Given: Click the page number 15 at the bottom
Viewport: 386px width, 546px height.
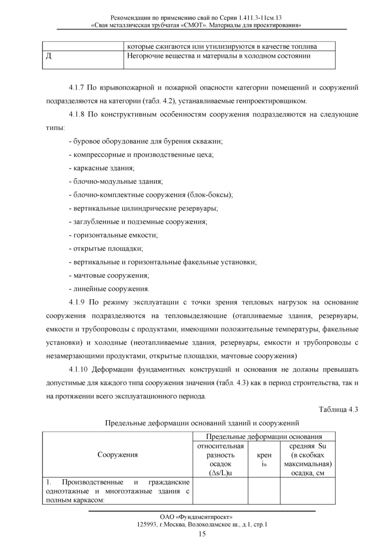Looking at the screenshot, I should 202,534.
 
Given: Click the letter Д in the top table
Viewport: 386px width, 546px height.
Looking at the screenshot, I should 49,56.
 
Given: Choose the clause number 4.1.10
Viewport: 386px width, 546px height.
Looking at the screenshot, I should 78,369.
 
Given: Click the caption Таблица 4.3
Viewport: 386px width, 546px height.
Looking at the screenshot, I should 338,409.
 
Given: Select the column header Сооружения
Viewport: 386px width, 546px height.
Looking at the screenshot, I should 118,455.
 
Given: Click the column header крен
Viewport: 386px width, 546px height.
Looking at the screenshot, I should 264,455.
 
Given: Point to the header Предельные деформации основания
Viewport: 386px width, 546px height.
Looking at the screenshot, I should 264,437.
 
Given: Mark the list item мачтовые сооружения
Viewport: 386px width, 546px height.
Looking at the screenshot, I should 111,275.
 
